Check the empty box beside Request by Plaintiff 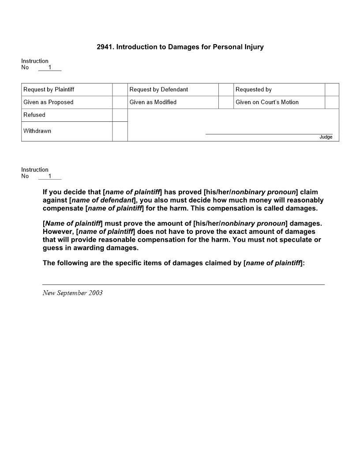(x=120, y=90)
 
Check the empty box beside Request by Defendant (x=226, y=90)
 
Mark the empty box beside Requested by (x=332, y=90)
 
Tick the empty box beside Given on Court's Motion (x=332, y=102)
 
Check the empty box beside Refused (x=120, y=115)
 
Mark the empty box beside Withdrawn (x=120, y=132)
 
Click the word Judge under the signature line (x=326, y=137)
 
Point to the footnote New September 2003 (x=72, y=293)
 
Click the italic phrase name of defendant (x=102, y=200)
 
